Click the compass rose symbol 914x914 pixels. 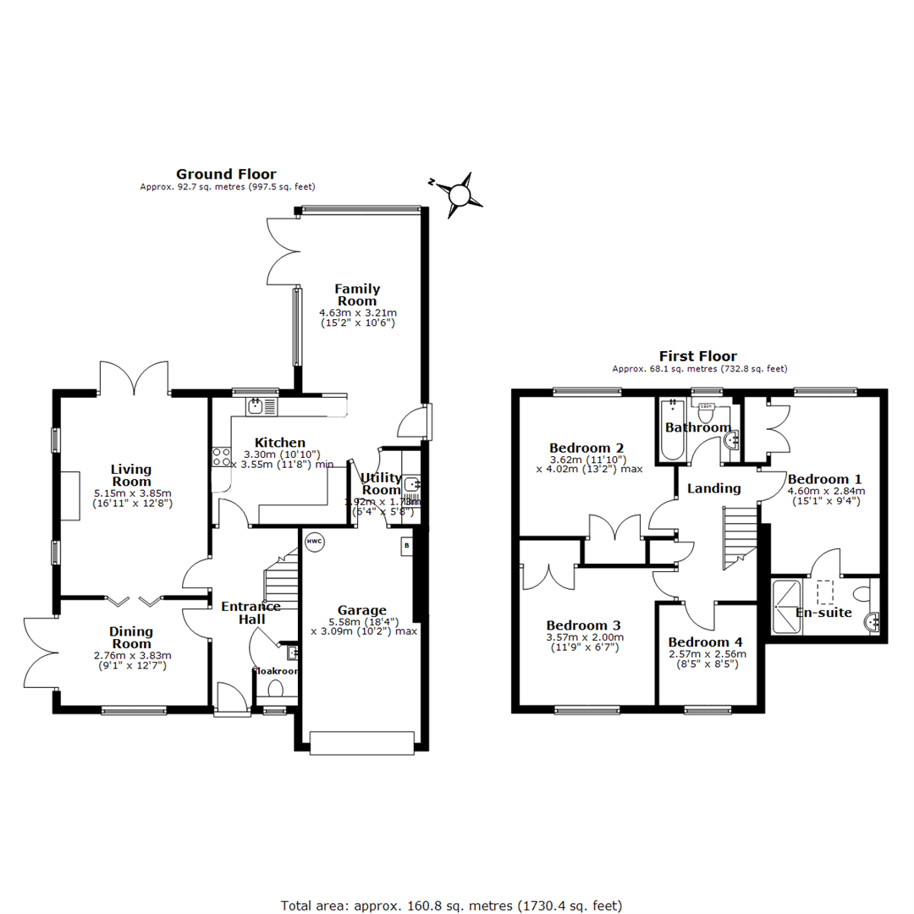tap(459, 193)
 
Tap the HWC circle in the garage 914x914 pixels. tap(314, 542)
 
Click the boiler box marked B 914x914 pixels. tap(405, 547)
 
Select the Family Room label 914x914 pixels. tap(357, 295)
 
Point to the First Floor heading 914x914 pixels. tap(698, 356)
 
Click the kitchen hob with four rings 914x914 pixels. tap(222, 457)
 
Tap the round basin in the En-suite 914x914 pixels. tap(872, 622)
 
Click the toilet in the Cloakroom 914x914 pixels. tap(274, 690)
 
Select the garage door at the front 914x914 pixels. tap(362, 743)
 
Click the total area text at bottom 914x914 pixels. tap(452, 906)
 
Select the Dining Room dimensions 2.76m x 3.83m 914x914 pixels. tap(130, 654)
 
